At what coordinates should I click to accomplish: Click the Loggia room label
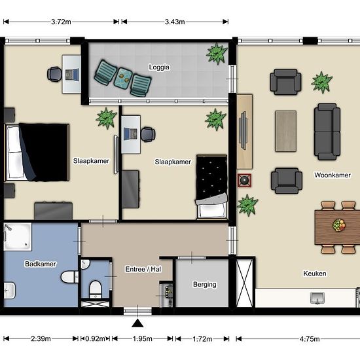point(159,67)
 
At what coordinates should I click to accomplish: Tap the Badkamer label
point(41,264)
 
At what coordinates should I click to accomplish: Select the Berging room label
point(205,285)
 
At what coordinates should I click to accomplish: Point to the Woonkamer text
point(333,175)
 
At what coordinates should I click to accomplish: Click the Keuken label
point(315,274)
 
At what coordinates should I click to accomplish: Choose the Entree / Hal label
point(143,269)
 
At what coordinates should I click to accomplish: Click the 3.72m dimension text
point(61,22)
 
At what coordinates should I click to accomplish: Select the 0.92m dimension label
point(95,338)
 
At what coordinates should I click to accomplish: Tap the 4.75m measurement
point(310,339)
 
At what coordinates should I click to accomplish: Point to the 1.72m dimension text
point(202,339)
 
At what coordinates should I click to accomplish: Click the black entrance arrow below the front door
point(137,323)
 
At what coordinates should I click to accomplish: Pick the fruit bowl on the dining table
point(338,225)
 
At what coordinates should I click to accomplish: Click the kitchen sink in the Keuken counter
point(317,298)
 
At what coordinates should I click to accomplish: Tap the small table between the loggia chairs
point(123,77)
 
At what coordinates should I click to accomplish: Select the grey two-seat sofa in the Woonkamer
point(327,132)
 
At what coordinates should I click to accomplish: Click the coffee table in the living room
point(286,131)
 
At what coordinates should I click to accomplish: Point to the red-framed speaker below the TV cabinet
point(244,181)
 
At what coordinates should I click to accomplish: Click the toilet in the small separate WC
point(96,289)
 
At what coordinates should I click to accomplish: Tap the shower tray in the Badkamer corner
point(18,236)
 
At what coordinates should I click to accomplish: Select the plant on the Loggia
point(216,54)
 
